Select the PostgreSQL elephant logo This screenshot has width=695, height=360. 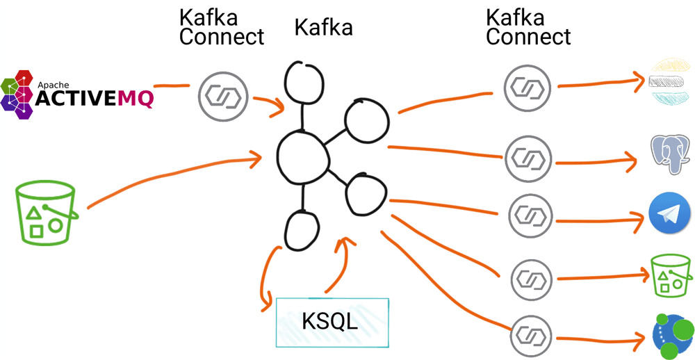(670, 154)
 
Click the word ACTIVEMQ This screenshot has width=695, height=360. (94, 99)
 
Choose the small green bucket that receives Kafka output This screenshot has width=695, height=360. (671, 276)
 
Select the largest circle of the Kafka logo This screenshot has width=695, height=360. (302, 154)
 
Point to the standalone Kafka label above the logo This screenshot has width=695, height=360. (323, 28)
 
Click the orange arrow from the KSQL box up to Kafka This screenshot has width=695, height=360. (336, 268)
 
